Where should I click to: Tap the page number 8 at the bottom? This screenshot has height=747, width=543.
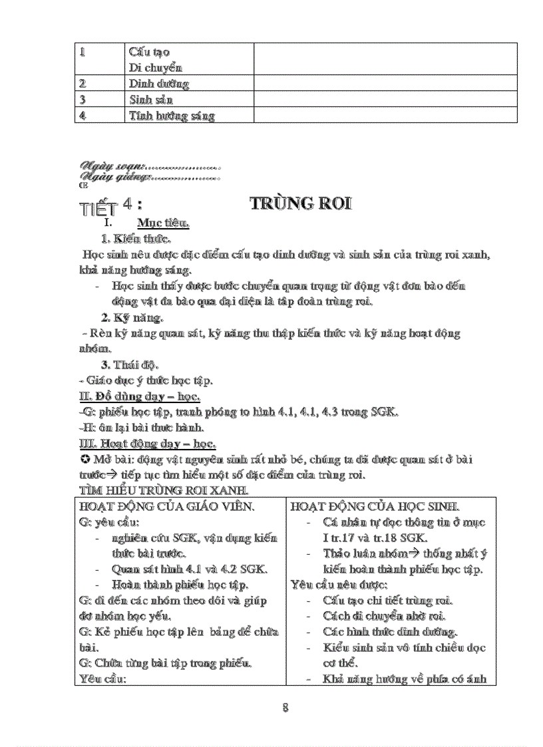pyautogui.click(x=285, y=708)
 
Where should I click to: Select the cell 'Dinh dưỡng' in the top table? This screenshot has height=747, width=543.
pyautogui.click(x=159, y=84)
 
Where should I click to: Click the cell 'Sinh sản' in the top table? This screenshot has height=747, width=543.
pyautogui.click(x=151, y=100)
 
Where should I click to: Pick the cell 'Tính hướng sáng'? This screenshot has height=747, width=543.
pyautogui.click(x=172, y=116)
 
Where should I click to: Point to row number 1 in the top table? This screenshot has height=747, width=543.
pyautogui.click(x=83, y=51)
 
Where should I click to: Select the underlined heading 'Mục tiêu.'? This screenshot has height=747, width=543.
pyautogui.click(x=163, y=224)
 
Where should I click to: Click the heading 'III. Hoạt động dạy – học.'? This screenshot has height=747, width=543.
pyautogui.click(x=146, y=444)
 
